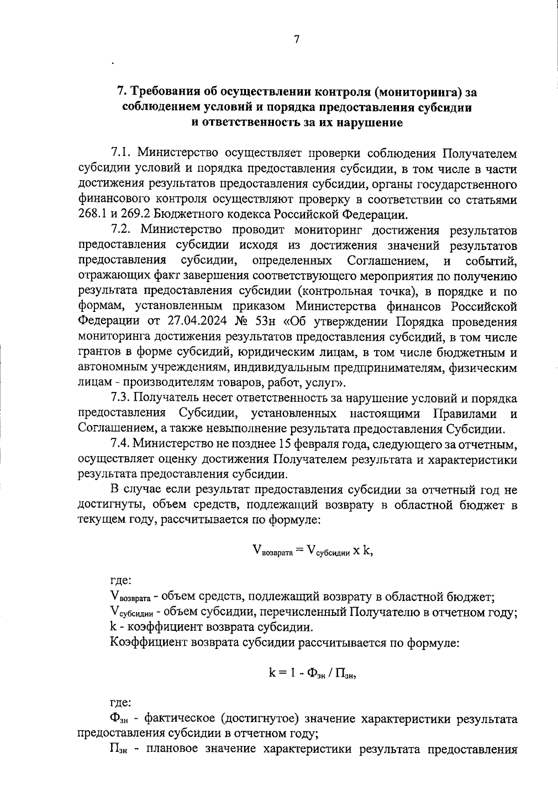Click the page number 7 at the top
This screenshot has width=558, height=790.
(x=296, y=40)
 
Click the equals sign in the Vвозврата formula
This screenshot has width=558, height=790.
(x=299, y=550)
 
